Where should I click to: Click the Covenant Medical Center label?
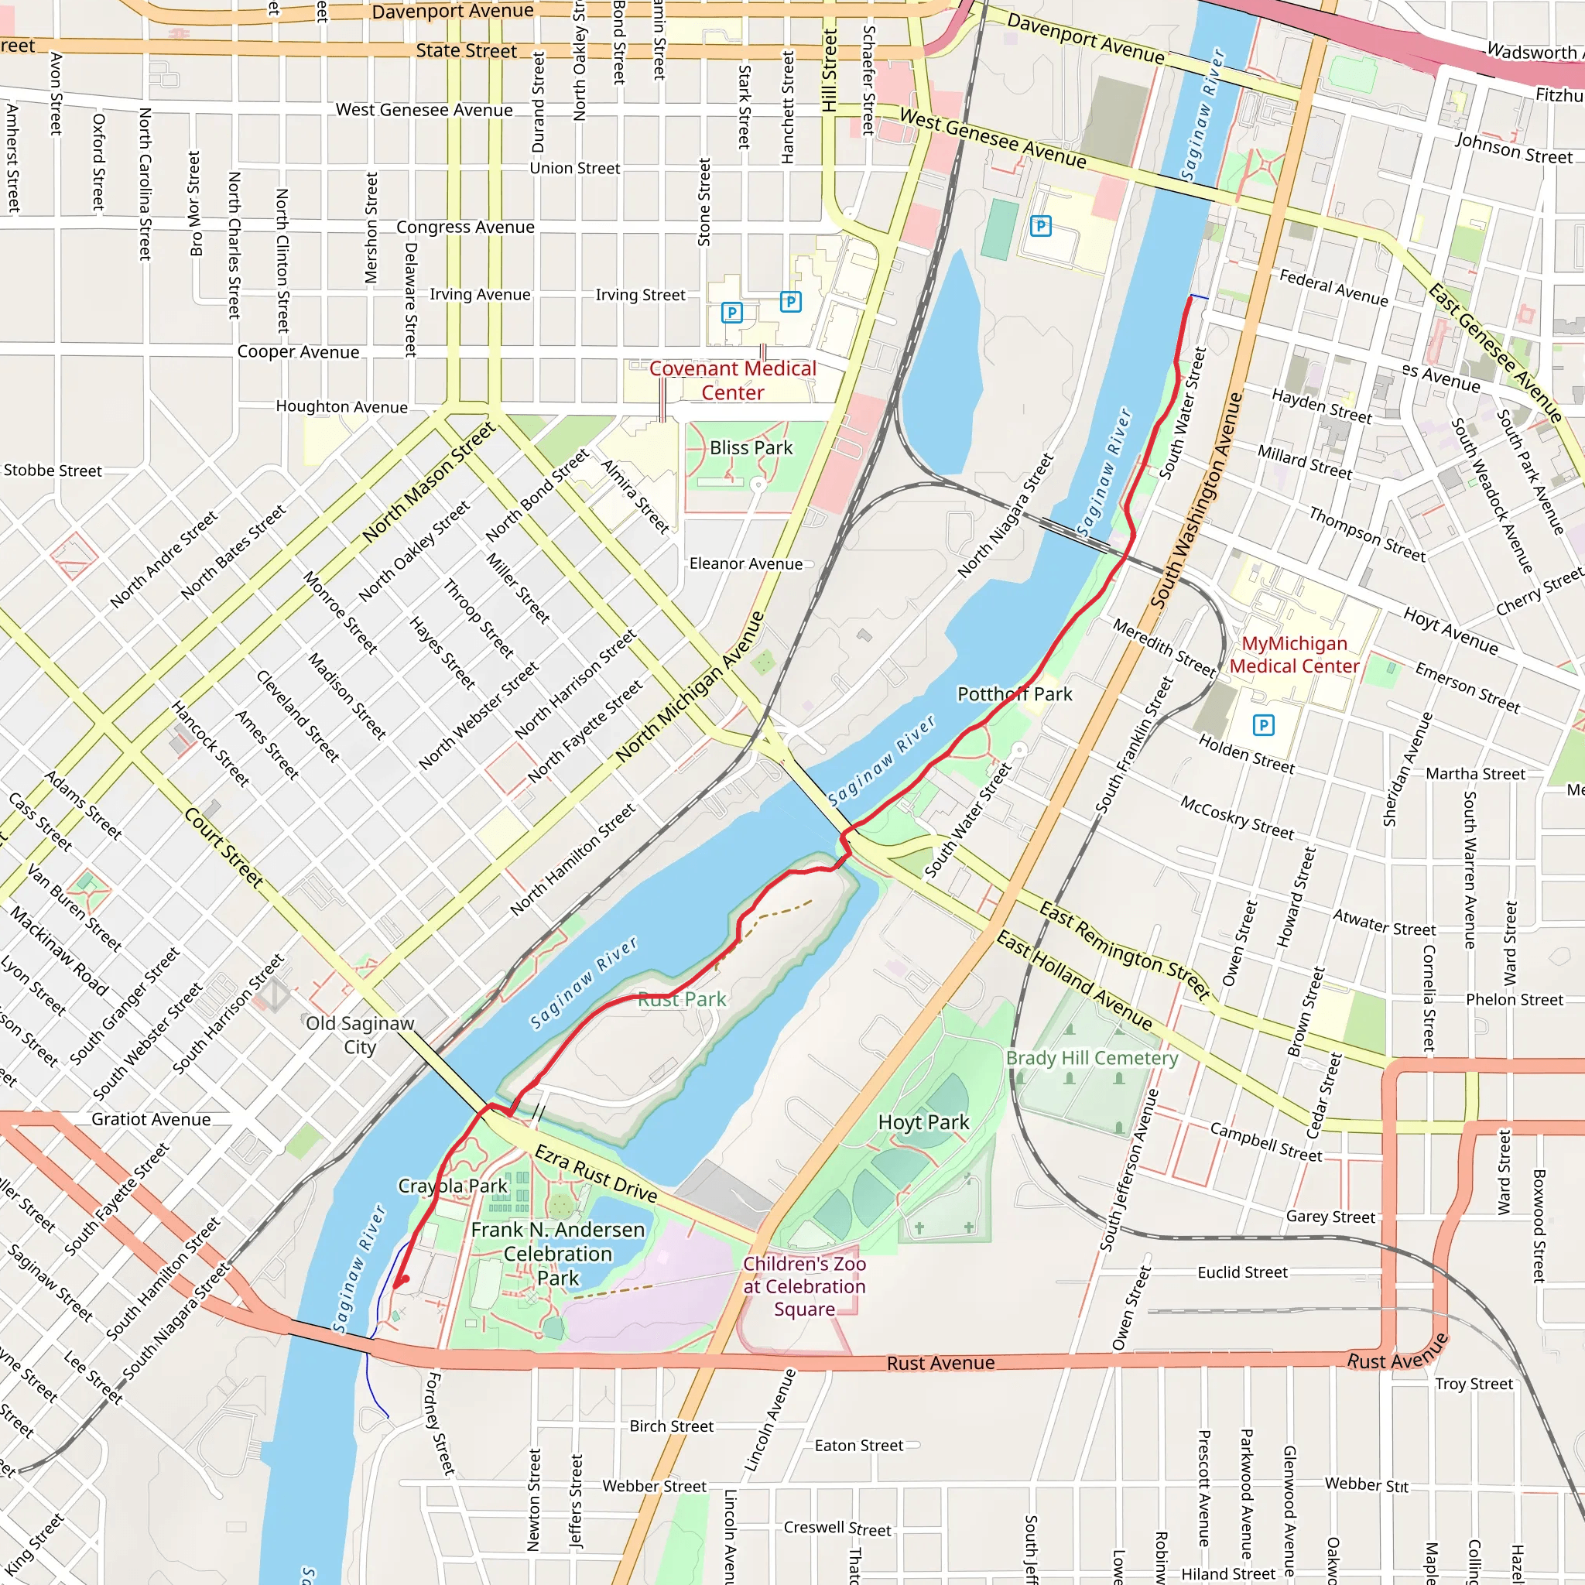tap(733, 381)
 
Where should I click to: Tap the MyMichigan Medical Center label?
tap(1294, 655)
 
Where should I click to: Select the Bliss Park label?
tap(751, 448)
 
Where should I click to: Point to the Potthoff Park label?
tap(1015, 694)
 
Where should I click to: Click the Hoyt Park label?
tap(923, 1122)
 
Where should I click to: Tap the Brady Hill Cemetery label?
tap(1092, 1058)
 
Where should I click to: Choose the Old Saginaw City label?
tap(360, 1035)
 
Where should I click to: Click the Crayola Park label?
tap(453, 1186)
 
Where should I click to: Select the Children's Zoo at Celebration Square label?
tap(804, 1286)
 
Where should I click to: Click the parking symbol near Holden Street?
tap(1263, 725)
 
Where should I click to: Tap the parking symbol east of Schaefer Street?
tap(1040, 226)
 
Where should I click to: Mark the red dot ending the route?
tap(405, 1279)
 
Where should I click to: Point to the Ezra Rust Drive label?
tap(597, 1175)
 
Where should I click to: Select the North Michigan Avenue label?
tap(691, 686)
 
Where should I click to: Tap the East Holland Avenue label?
tap(1074, 981)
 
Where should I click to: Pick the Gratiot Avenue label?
tap(151, 1120)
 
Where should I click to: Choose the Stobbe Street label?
tap(53, 471)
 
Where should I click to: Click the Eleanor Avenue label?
tap(746, 563)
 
